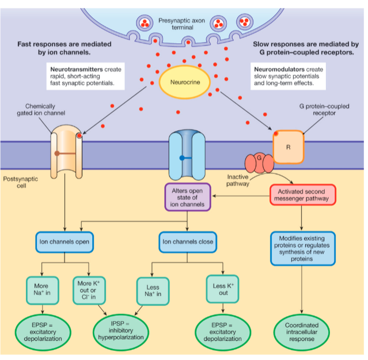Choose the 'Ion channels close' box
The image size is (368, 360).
(x=187, y=242)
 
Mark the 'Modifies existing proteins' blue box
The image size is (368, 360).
(x=302, y=249)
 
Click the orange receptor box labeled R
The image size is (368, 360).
(x=288, y=146)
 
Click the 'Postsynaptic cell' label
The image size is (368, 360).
(x=21, y=183)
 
